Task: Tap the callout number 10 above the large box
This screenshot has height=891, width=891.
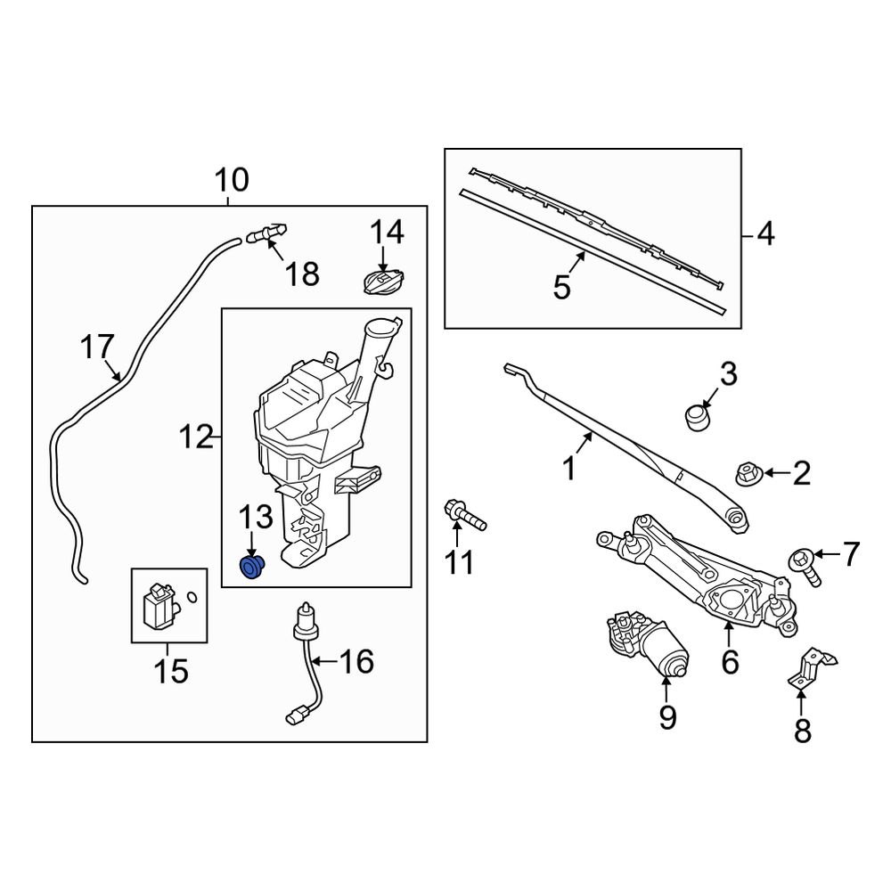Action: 231,181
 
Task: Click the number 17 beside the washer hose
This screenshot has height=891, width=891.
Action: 99,346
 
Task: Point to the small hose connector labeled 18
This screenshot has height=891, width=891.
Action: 266,234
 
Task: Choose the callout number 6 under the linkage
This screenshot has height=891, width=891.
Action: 730,662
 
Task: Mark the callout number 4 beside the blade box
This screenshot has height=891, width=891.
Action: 765,235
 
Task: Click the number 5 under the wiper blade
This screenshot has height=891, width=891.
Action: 561,288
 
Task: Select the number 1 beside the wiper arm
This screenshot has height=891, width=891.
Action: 569,467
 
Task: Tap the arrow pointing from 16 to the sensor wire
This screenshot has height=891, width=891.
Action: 324,662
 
